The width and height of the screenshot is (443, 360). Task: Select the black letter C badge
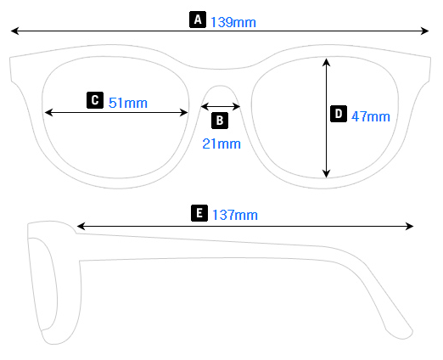pyautogui.click(x=95, y=100)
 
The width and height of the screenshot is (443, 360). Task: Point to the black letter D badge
pyautogui.click(x=337, y=114)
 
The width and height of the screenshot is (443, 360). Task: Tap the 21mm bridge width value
pyautogui.click(x=222, y=143)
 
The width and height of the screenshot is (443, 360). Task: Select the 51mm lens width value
pyautogui.click(x=128, y=103)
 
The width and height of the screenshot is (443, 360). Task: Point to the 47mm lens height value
pyautogui.click(x=370, y=115)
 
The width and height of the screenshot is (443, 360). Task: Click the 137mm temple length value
pyautogui.click(x=234, y=215)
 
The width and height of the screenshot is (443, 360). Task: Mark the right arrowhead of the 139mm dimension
pyautogui.click(x=426, y=32)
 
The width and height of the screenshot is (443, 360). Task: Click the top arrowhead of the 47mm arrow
pyautogui.click(x=327, y=61)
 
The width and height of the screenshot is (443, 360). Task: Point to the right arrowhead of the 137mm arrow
pyautogui.click(x=410, y=226)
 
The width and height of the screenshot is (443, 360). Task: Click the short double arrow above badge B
pyautogui.click(x=221, y=106)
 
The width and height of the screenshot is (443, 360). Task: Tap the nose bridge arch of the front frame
pyautogui.click(x=221, y=86)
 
